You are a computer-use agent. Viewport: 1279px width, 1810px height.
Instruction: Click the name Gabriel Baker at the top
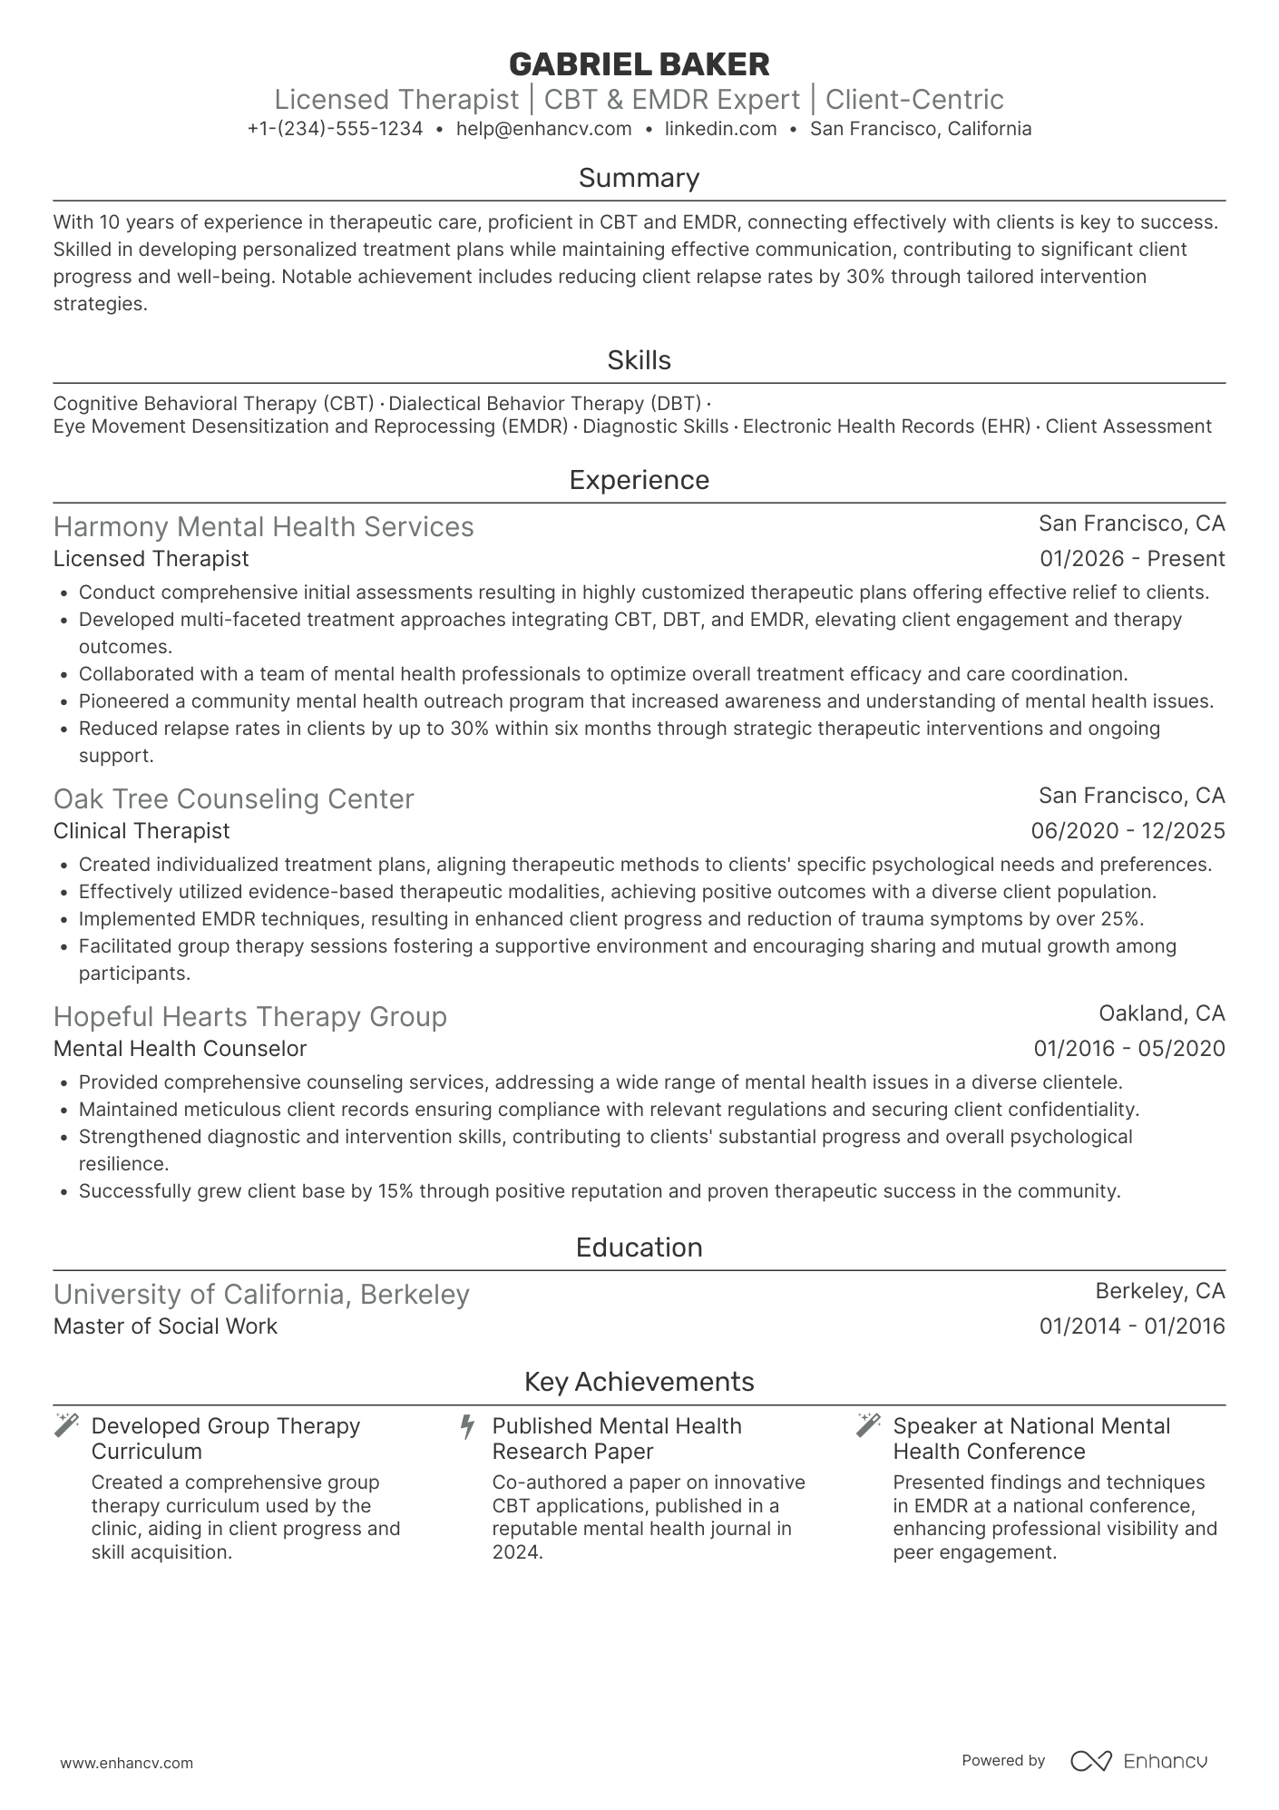[639, 64]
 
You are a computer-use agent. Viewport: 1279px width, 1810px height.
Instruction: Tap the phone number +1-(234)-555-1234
[335, 129]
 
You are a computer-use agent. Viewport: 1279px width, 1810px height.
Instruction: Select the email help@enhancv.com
[543, 129]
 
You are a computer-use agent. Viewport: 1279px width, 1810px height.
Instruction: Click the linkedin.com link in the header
[720, 129]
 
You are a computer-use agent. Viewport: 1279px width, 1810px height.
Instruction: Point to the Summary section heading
[639, 178]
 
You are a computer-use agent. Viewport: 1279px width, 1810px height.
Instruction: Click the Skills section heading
[639, 360]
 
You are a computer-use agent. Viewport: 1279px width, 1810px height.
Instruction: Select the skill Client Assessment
[1128, 426]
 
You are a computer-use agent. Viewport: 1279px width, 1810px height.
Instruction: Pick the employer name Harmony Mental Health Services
[263, 527]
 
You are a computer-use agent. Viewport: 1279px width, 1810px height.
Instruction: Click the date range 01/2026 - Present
[1131, 559]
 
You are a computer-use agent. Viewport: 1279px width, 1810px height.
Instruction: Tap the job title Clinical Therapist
[142, 831]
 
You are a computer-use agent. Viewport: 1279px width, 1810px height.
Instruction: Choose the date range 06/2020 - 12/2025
[1128, 831]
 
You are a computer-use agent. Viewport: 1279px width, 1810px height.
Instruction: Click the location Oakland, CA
[1161, 1013]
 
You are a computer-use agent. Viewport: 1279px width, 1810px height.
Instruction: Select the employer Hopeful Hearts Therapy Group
[249, 1017]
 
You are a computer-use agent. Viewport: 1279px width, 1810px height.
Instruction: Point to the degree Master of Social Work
[165, 1326]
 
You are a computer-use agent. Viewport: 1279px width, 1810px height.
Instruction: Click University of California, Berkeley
[261, 1295]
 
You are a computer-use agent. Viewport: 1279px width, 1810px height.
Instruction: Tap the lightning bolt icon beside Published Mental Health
[467, 1426]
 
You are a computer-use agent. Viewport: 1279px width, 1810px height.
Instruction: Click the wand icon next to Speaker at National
[868, 1425]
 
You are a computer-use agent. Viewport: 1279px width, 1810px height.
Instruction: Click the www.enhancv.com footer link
[126, 1763]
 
